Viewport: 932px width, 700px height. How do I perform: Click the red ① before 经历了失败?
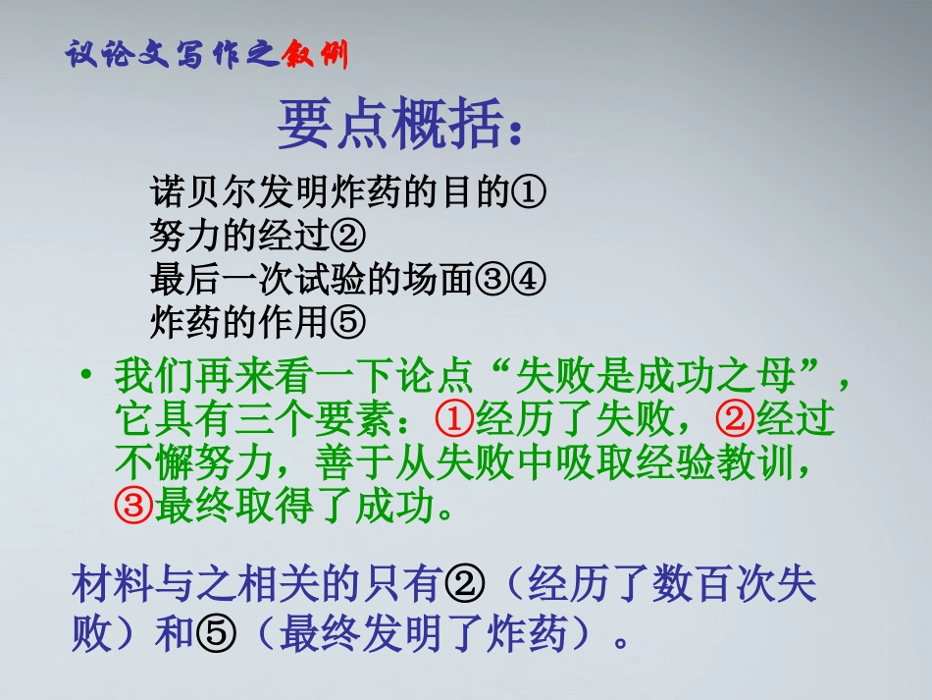453,420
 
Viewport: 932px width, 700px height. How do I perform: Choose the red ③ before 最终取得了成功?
132,508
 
